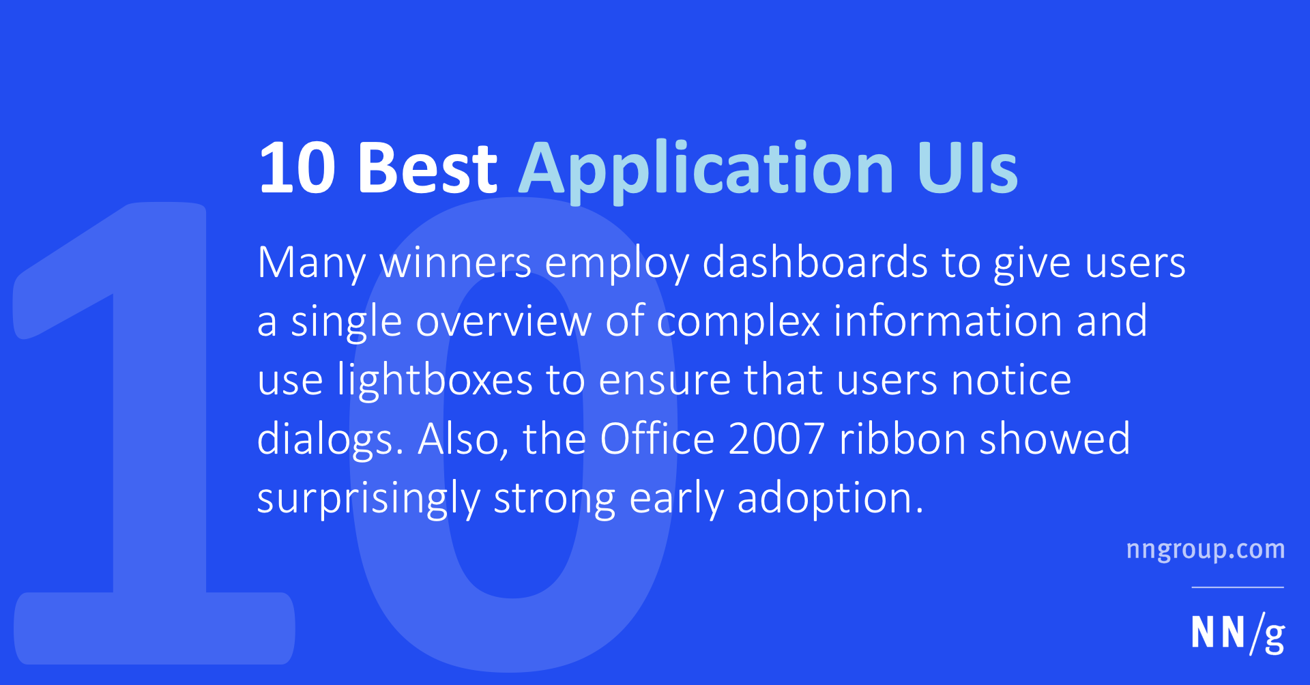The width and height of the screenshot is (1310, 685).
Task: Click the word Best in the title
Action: coord(428,168)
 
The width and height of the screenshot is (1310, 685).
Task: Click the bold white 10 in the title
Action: coord(297,168)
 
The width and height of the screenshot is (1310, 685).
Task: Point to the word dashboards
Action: coord(815,263)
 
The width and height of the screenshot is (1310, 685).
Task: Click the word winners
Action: coord(455,263)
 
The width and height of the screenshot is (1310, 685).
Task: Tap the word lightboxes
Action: coord(435,381)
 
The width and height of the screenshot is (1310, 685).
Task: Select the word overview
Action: coord(504,321)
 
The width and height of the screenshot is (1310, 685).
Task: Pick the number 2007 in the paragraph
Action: coord(776,439)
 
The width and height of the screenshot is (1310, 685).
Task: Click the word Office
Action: coord(656,439)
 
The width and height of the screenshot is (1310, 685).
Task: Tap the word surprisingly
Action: coord(368,499)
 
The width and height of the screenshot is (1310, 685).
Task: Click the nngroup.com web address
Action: coord(1205,550)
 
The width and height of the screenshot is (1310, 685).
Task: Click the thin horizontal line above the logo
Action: coord(1238,587)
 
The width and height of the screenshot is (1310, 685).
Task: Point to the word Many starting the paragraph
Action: coord(311,263)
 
